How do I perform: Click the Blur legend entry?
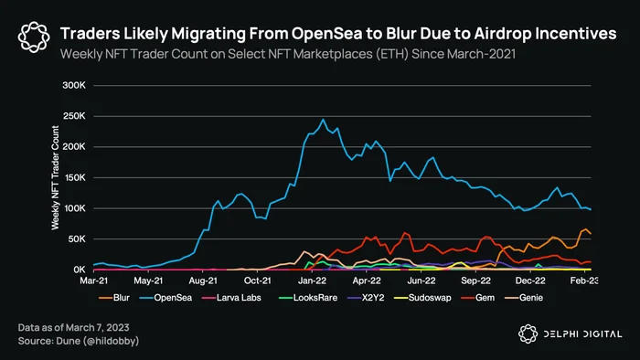pos(114,298)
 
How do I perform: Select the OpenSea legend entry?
pos(165,298)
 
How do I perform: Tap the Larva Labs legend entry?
pos(231,298)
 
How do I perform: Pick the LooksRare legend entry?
pos(308,298)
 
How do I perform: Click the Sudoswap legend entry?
pos(422,298)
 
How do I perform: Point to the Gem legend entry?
pos(478,298)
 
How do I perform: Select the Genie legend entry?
pos(524,298)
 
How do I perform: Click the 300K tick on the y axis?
pos(74,85)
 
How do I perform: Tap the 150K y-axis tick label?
pos(74,177)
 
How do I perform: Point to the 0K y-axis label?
pos(80,270)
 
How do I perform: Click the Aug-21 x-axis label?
pos(203,281)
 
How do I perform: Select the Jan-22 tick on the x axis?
pos(313,281)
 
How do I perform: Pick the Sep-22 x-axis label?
pos(476,281)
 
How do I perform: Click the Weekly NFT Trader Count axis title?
pos(55,178)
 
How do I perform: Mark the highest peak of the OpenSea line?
pos(324,120)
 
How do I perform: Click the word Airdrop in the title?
pos(503,34)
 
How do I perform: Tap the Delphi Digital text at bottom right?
pos(582,334)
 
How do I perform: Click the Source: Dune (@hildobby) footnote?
pos(79,341)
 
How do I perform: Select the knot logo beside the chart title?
pos(34,37)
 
